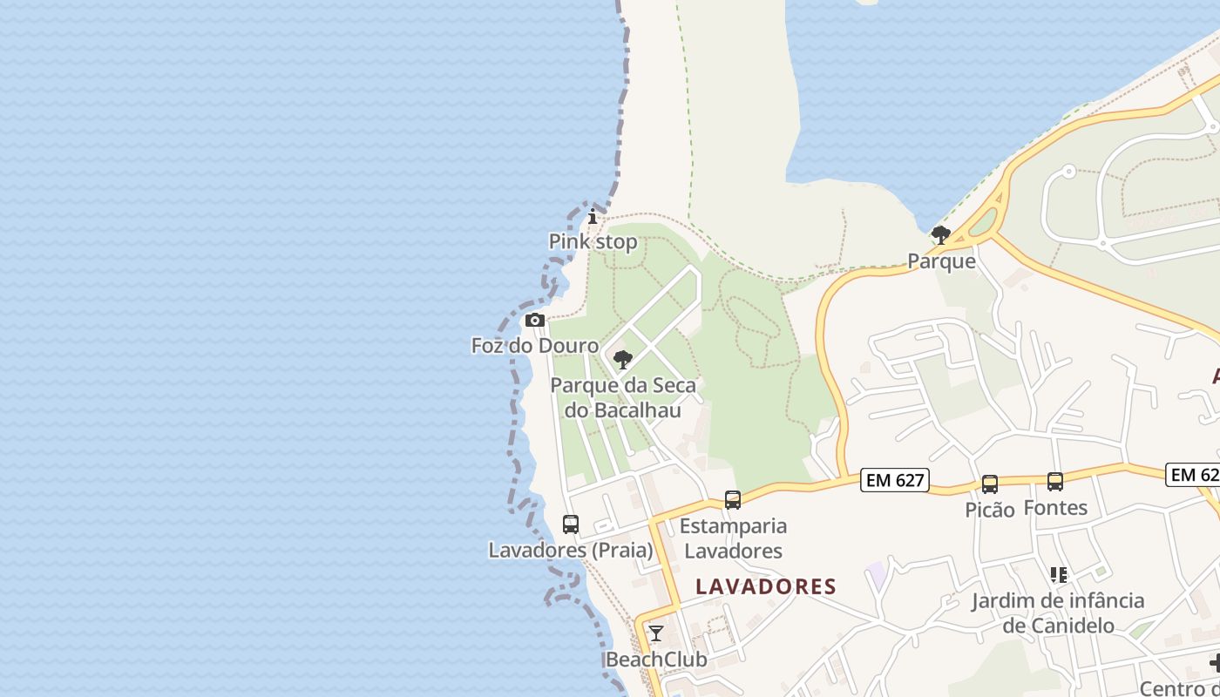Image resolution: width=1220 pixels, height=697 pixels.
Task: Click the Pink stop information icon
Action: click(x=593, y=216)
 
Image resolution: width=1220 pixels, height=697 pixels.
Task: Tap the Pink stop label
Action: click(x=593, y=241)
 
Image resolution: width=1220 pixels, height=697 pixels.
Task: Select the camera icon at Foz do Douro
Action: click(x=535, y=321)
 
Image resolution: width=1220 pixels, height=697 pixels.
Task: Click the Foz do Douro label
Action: click(x=535, y=346)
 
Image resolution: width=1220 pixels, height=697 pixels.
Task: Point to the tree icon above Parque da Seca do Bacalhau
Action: click(x=623, y=360)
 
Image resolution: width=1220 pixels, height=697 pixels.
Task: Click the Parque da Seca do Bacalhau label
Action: click(x=623, y=397)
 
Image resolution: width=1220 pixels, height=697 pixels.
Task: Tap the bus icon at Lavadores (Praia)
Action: click(x=571, y=524)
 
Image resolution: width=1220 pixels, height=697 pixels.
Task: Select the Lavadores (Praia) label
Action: click(x=571, y=550)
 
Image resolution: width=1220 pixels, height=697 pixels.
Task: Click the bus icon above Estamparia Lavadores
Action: click(x=733, y=500)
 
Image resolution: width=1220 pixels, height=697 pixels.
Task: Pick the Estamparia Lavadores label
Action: click(x=733, y=538)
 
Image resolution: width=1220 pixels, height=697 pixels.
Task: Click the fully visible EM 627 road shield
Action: click(x=895, y=479)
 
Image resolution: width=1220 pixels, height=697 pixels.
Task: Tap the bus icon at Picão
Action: click(x=990, y=484)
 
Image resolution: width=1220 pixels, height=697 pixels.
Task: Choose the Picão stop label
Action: click(x=990, y=510)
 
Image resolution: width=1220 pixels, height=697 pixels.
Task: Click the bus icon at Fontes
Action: click(x=1055, y=481)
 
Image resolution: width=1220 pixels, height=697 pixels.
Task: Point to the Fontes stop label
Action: click(x=1055, y=507)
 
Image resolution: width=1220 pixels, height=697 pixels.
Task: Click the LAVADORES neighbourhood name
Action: click(x=766, y=586)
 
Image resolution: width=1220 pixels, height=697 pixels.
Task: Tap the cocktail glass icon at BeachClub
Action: click(x=656, y=633)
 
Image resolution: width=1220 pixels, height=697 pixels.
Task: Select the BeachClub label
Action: click(x=656, y=660)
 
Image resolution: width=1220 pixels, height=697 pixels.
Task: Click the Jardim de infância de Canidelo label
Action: click(x=1059, y=612)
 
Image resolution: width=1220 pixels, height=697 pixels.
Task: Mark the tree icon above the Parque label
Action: click(x=941, y=234)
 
